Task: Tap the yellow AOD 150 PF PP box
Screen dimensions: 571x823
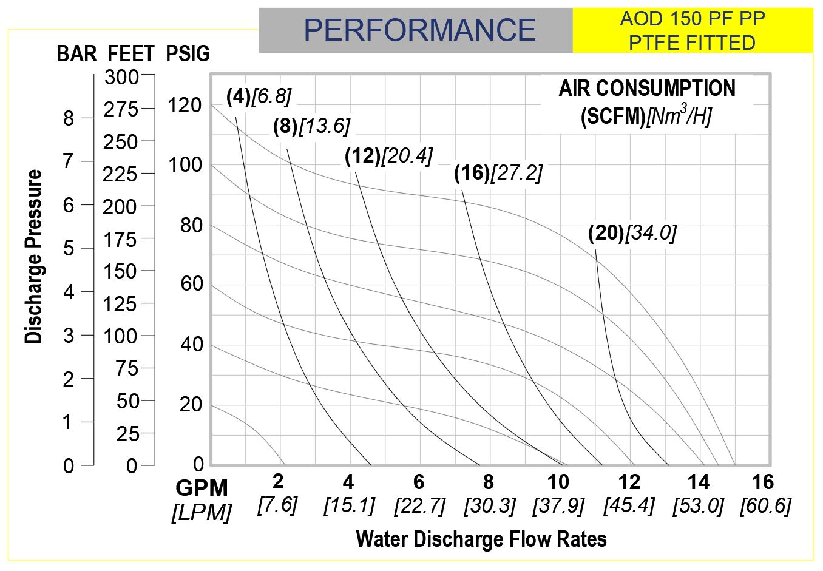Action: pyautogui.click(x=692, y=30)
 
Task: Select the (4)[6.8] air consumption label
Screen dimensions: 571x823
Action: pyautogui.click(x=259, y=96)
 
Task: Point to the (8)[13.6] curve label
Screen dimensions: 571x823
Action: pyautogui.click(x=311, y=126)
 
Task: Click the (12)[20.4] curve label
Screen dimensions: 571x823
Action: pyautogui.click(x=388, y=156)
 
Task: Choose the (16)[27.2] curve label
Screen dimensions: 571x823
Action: pyautogui.click(x=498, y=173)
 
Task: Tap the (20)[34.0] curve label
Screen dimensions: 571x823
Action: pyautogui.click(x=632, y=232)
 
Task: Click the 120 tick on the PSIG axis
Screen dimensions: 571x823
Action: pyautogui.click(x=185, y=105)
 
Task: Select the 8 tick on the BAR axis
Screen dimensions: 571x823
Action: pyautogui.click(x=69, y=118)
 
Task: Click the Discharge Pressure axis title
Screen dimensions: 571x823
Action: pyautogui.click(x=34, y=257)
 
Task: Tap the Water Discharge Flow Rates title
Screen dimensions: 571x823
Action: pyautogui.click(x=481, y=538)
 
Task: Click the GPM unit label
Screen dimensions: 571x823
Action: pyautogui.click(x=202, y=488)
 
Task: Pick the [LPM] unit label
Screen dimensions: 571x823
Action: pyautogui.click(x=202, y=513)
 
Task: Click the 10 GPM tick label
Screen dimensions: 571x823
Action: pyautogui.click(x=558, y=482)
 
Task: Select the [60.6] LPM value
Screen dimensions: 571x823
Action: pyautogui.click(x=765, y=505)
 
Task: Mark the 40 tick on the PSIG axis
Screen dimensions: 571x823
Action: pyautogui.click(x=191, y=345)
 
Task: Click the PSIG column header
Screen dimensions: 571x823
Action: pyautogui.click(x=188, y=54)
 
